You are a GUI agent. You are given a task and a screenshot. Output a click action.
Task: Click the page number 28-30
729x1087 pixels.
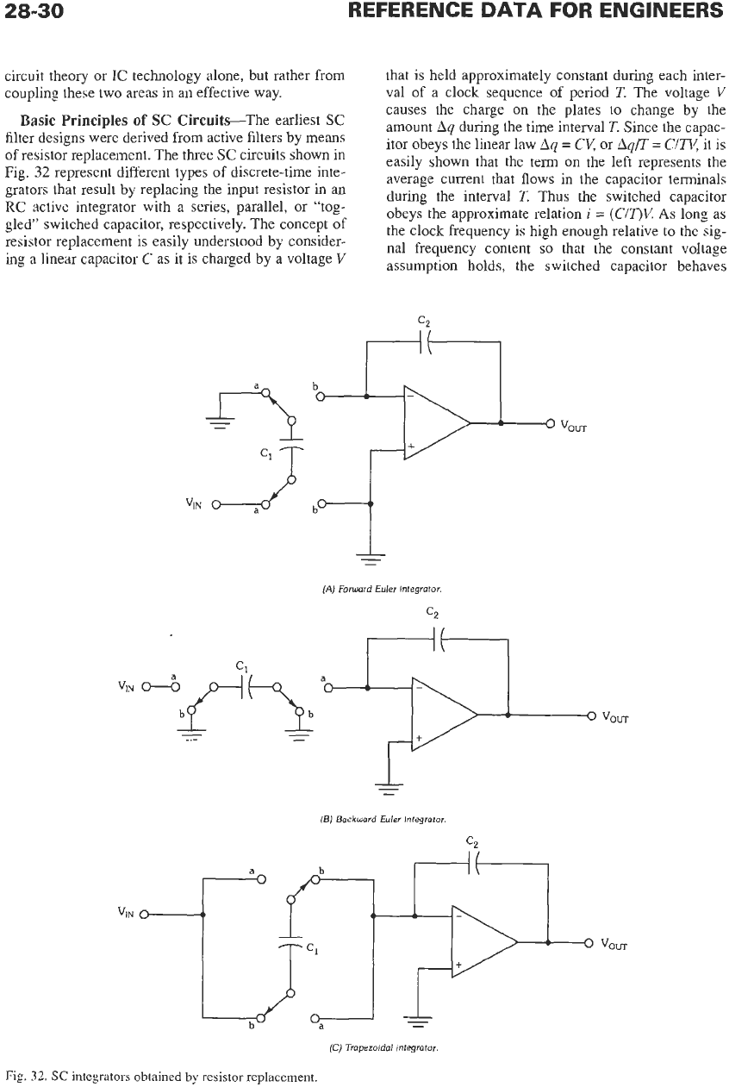tap(34, 10)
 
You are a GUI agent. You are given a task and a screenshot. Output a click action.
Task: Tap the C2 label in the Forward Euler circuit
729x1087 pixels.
tap(424, 322)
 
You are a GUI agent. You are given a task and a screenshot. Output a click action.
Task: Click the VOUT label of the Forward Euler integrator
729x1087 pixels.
tap(574, 426)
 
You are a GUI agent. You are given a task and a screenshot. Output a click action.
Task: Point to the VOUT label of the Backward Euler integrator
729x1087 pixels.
tap(615, 716)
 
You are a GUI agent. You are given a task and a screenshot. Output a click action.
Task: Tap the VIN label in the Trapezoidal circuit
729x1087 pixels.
tap(126, 913)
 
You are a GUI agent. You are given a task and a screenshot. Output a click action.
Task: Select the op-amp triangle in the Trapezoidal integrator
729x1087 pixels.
tap(484, 942)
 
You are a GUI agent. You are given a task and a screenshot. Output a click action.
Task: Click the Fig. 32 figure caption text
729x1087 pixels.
tap(160, 1078)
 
